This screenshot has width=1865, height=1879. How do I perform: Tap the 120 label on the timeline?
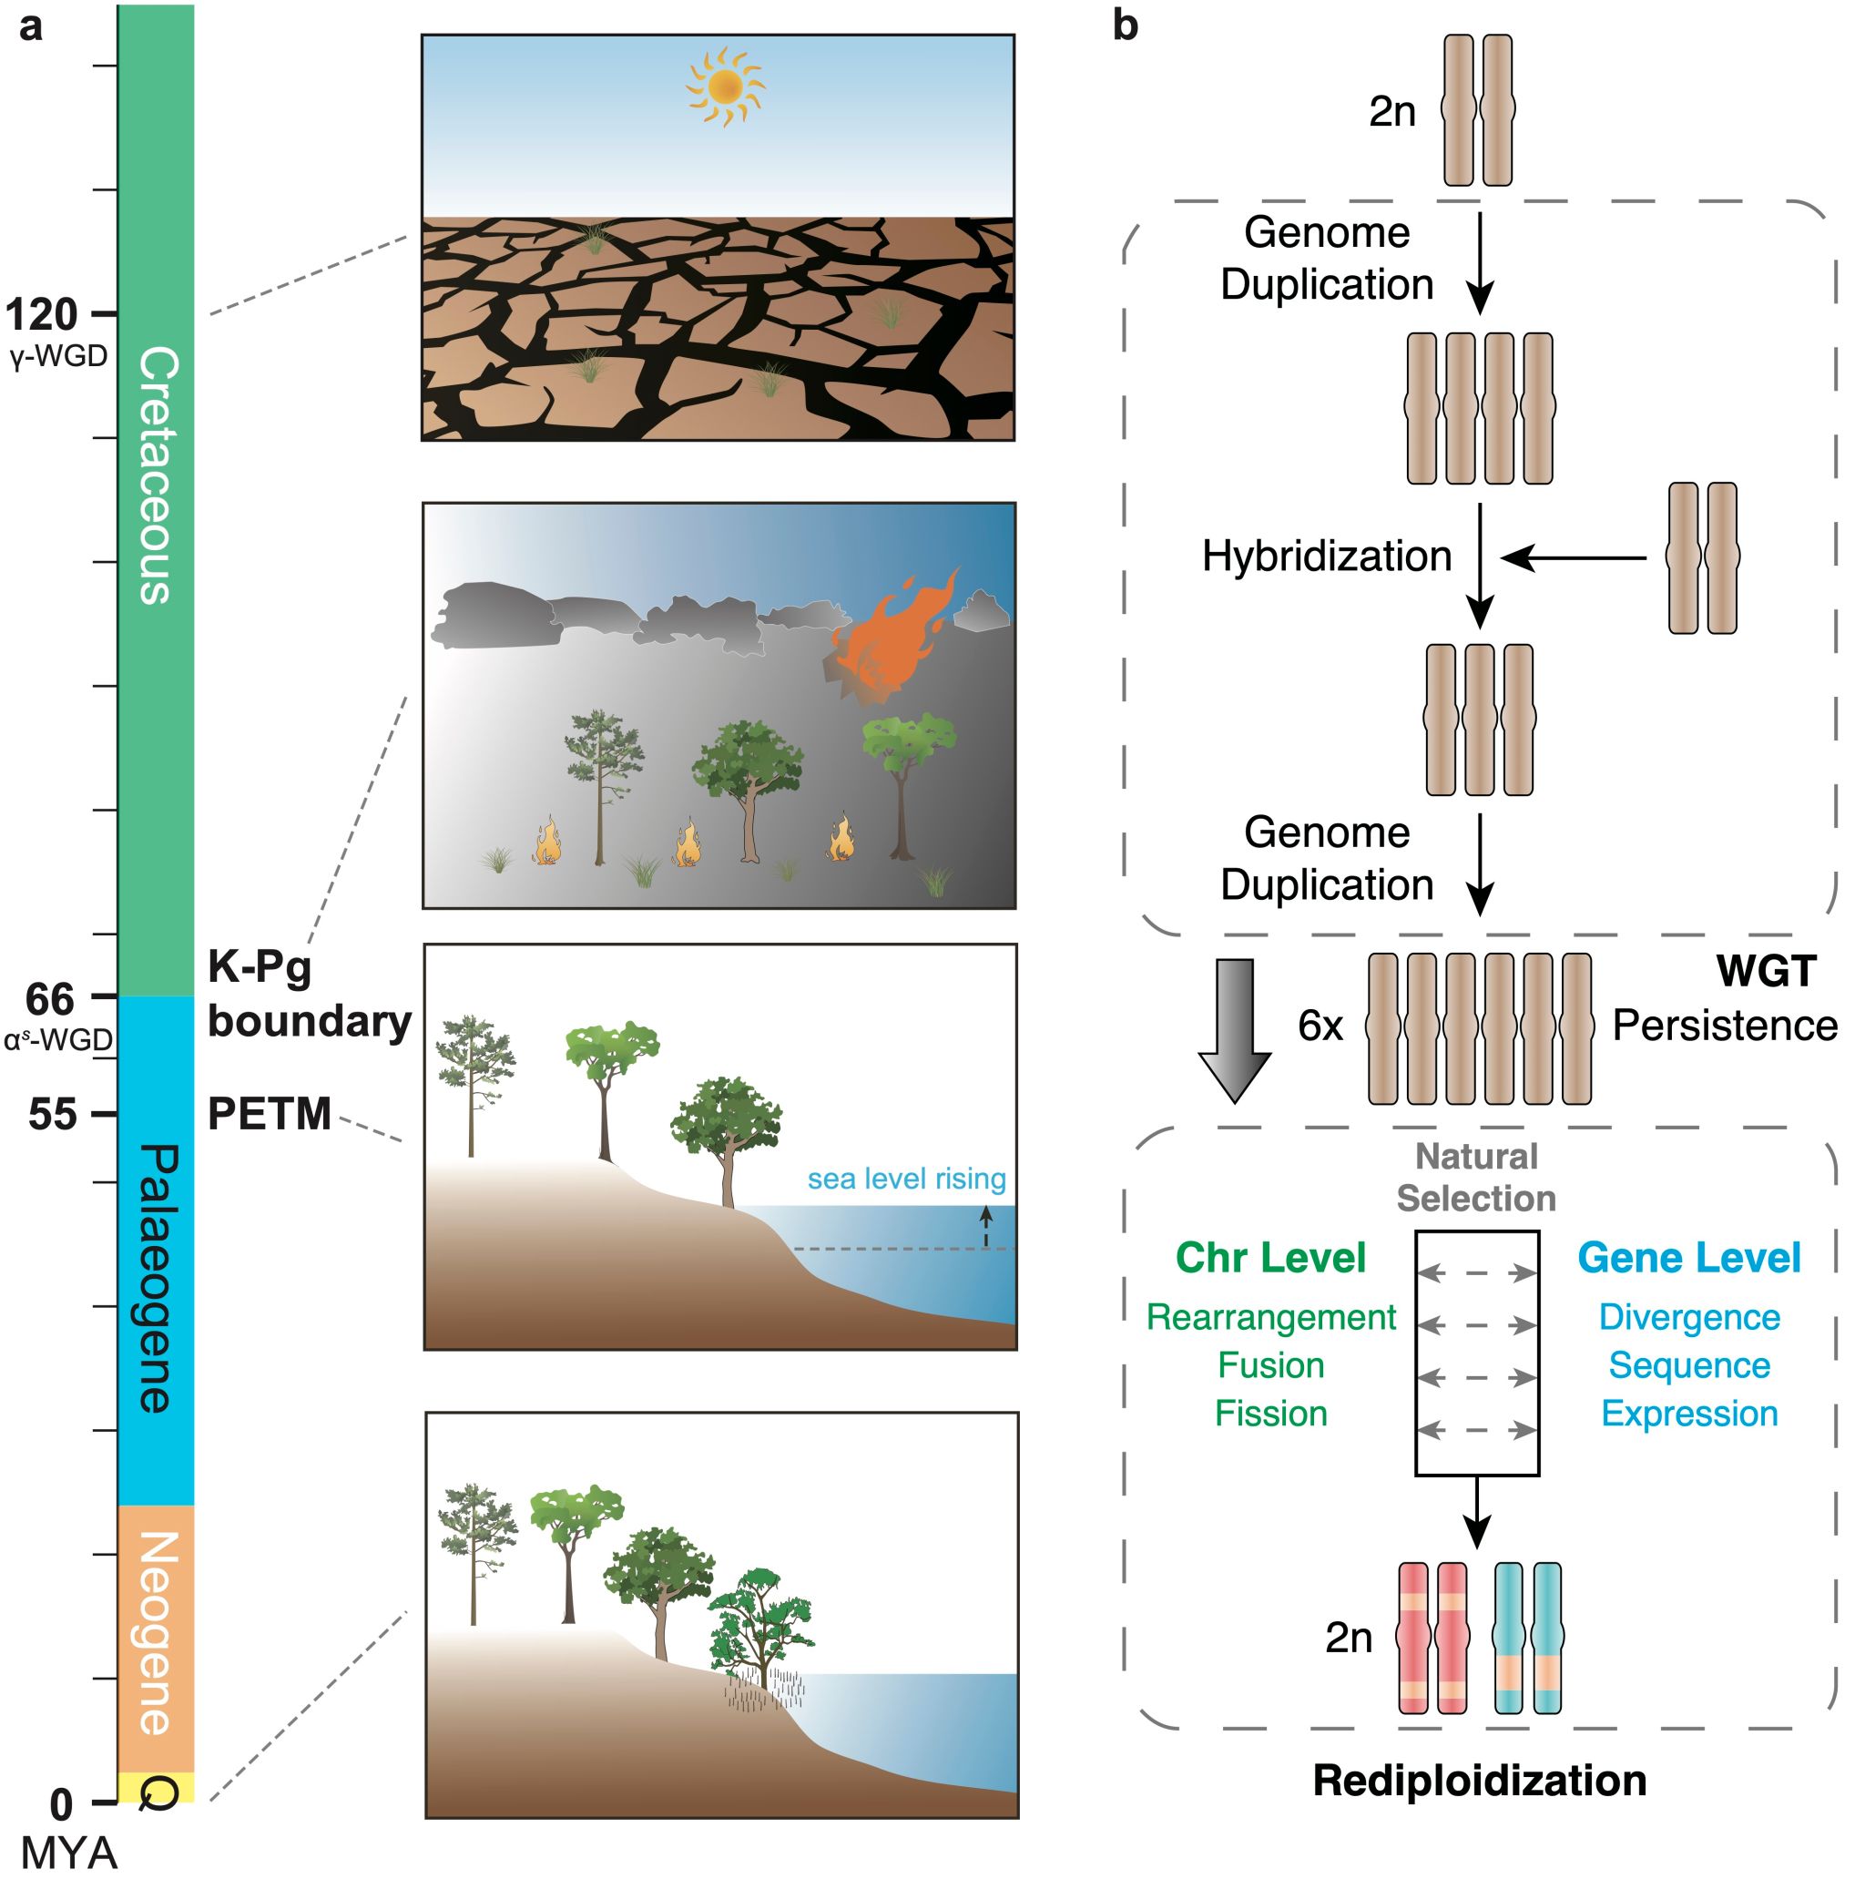coord(41,315)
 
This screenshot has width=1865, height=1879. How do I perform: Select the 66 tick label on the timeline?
coord(51,999)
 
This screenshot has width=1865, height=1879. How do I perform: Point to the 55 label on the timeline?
coord(53,1115)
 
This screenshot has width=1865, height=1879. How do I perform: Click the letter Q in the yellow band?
coord(159,1792)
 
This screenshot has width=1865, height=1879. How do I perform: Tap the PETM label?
coord(270,1115)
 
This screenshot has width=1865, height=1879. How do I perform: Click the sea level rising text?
coord(906,1179)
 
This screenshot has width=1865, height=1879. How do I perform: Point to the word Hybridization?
coord(1326,557)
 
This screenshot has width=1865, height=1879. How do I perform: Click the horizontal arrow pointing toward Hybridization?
coord(1574,558)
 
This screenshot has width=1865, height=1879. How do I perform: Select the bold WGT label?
coord(1766,971)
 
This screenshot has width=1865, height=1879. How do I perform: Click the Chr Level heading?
coord(1271,1258)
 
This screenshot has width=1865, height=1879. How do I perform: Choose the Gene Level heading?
coord(1689,1258)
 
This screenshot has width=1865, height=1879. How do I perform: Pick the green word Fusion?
coord(1271,1365)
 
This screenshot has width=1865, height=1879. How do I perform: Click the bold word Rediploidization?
coord(1479,1781)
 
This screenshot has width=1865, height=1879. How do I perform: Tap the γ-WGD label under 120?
coord(58,357)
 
